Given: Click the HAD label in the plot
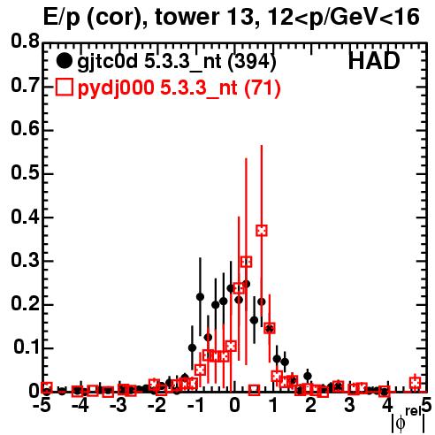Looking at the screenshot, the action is click(x=374, y=61).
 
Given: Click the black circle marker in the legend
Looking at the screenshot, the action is click(x=64, y=61).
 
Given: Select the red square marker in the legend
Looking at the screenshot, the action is click(x=64, y=88).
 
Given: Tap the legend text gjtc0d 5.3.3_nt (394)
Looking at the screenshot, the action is click(x=177, y=62).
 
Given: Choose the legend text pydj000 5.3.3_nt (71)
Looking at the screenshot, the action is click(x=179, y=88).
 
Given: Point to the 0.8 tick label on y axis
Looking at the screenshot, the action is click(x=25, y=42).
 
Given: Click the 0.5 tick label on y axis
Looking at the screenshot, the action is click(x=25, y=172).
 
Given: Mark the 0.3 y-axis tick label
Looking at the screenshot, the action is click(x=25, y=260).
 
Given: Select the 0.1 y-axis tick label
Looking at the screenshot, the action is click(x=26, y=347).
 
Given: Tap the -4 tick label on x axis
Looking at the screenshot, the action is click(x=80, y=406).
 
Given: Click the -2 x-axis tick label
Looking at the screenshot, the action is click(x=156, y=406).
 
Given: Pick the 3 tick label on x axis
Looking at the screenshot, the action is click(x=349, y=406).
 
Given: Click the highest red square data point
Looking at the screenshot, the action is click(x=262, y=231).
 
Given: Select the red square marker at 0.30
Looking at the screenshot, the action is click(x=247, y=262).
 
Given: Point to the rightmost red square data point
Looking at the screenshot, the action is click(x=416, y=383).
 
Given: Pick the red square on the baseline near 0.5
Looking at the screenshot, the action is click(x=254, y=390).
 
